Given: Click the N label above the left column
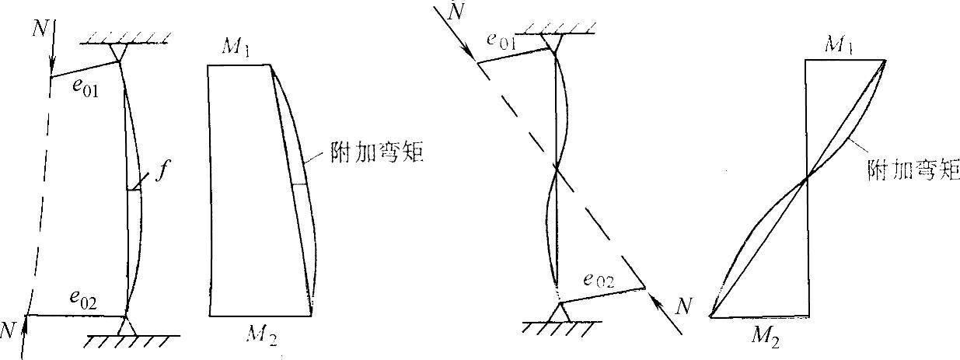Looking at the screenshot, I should (40, 30).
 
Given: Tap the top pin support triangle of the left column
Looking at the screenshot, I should (119, 54).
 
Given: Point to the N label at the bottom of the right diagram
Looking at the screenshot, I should (683, 306).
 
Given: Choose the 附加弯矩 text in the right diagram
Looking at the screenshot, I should (901, 168).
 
